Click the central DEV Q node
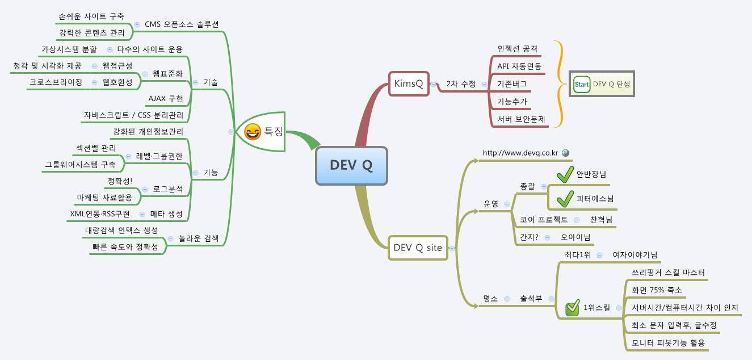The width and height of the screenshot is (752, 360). tap(351, 165)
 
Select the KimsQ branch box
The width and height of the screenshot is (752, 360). tap(409, 83)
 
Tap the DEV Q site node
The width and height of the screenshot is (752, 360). tap(418, 248)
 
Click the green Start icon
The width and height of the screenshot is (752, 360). tap(582, 84)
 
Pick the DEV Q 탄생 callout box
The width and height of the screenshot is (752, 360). tap(602, 84)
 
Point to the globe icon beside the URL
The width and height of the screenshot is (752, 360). tap(565, 153)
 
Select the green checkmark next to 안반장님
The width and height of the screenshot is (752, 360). tap(565, 175)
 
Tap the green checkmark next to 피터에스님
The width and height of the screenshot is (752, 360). tap(565, 199)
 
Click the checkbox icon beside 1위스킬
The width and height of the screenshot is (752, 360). tap(573, 308)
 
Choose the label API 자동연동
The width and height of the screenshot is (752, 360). tap(519, 66)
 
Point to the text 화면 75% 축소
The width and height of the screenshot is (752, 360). tap(657, 290)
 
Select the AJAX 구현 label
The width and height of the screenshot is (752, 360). tap(165, 98)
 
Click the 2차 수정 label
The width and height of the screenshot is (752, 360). tap(460, 84)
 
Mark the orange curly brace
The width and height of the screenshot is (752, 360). tap(560, 84)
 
